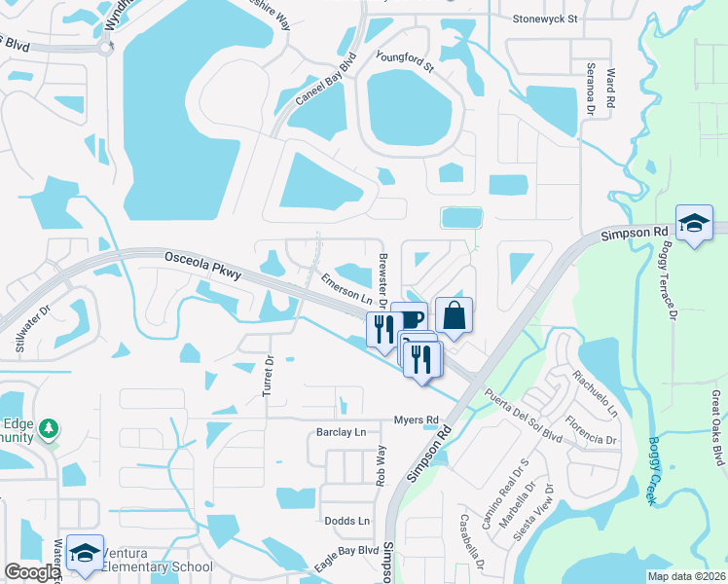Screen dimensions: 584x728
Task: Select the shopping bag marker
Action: [454, 314]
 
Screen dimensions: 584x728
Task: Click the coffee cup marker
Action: [410, 318]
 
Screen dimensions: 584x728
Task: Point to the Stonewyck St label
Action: [545, 18]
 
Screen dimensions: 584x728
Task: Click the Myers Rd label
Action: [417, 420]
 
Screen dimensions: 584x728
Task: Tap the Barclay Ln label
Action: [341, 431]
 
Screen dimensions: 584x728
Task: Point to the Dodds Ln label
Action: [347, 521]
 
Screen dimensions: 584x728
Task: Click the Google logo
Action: [31, 571]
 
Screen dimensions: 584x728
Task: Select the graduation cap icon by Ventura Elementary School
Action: [86, 552]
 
